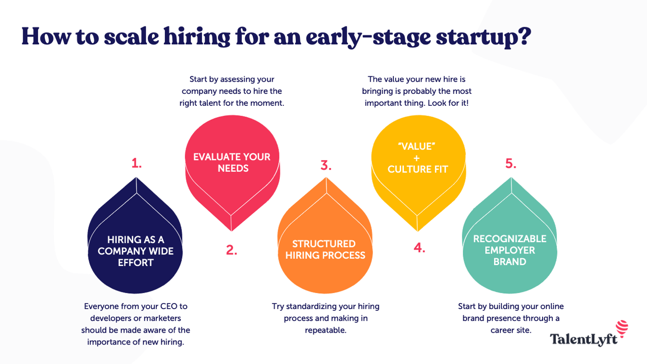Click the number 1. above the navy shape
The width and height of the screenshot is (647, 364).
136,163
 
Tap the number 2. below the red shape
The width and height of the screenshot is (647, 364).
232,250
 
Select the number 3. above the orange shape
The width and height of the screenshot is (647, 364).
326,165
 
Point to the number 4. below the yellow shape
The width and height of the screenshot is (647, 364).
419,248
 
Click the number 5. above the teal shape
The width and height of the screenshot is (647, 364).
511,164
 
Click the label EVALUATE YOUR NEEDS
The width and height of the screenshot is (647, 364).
232,163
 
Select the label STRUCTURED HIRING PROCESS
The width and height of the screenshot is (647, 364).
325,249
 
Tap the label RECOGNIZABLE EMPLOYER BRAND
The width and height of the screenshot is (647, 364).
510,250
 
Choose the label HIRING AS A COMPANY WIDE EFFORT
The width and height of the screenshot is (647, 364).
136,251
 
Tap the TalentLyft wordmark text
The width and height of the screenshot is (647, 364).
584,340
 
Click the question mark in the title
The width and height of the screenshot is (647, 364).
523,36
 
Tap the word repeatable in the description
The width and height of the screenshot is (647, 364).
325,330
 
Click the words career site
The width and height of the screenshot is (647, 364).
511,330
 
